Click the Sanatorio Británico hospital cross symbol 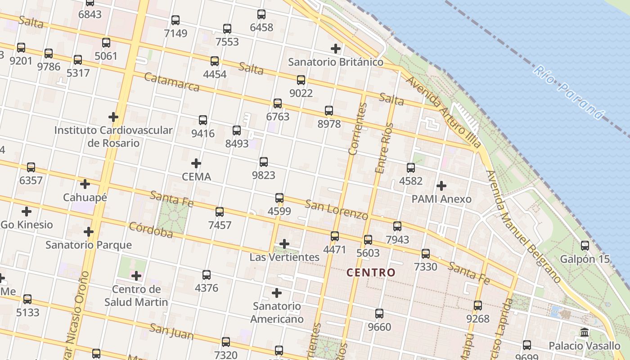tap(336, 48)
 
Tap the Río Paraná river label tap(568, 92)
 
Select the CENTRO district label tap(371, 272)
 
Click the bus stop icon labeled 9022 tap(301, 80)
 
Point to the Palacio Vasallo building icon tap(585, 333)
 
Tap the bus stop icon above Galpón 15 tap(585, 245)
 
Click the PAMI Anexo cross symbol tap(441, 185)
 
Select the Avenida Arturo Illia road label tap(443, 112)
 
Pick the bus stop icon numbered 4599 tap(279, 198)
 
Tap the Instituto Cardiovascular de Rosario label tap(113, 136)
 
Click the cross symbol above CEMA tap(196, 163)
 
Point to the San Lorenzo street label tap(336, 210)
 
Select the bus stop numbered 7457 tap(220, 211)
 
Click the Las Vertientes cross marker tap(284, 244)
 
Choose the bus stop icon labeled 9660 tap(379, 313)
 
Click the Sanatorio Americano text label tap(277, 313)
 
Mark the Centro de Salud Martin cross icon tap(136, 275)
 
